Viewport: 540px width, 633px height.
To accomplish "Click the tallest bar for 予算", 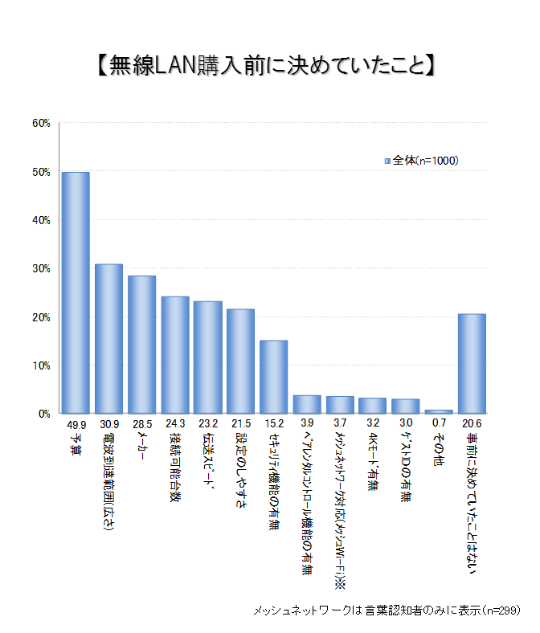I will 76,292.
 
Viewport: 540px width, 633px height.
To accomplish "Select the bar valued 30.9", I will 108,338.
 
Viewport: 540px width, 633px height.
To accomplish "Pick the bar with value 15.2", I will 273,377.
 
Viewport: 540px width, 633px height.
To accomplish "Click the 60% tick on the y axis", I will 41,123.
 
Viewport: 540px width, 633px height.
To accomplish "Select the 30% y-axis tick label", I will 41,268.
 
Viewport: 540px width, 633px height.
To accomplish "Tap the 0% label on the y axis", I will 43,414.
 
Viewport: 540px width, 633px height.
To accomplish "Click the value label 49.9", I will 76,423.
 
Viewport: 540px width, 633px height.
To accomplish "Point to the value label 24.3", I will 174,423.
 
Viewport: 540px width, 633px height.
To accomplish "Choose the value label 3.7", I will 340,423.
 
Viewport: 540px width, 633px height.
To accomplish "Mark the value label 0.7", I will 439,423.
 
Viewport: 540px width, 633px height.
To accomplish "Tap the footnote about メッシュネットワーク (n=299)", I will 387,610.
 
